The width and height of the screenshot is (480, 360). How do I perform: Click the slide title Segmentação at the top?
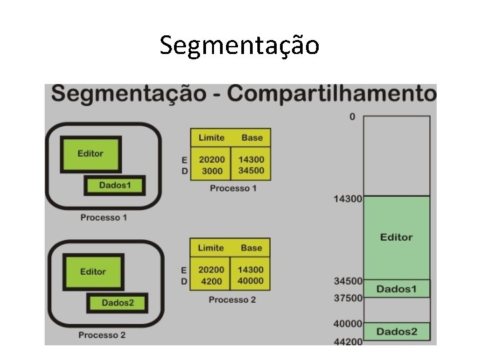(x=239, y=45)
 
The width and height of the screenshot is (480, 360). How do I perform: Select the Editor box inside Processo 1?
(x=91, y=153)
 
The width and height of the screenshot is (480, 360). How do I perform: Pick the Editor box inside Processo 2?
(x=93, y=271)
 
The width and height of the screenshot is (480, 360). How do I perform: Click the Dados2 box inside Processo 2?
(x=117, y=303)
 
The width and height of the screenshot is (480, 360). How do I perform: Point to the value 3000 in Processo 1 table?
(x=211, y=171)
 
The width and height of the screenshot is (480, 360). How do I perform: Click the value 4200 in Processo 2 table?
(x=211, y=281)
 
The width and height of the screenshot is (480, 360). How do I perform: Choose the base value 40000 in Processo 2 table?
(x=251, y=281)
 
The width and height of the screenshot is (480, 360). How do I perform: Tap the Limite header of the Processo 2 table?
(x=211, y=248)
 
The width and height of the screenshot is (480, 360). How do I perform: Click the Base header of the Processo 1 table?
(x=252, y=137)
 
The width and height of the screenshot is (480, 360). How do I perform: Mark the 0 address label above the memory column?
(x=352, y=117)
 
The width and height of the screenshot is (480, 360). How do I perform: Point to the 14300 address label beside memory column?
(x=347, y=199)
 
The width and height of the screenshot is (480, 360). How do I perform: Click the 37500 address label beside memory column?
(x=348, y=298)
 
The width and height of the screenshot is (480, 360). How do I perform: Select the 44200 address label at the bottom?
(x=348, y=341)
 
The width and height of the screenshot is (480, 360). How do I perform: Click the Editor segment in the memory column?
(x=396, y=237)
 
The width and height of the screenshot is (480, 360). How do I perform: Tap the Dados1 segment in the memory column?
(x=396, y=289)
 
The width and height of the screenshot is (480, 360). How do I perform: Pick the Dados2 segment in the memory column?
(x=396, y=331)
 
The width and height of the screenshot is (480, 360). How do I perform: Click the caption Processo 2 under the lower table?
(x=231, y=300)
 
